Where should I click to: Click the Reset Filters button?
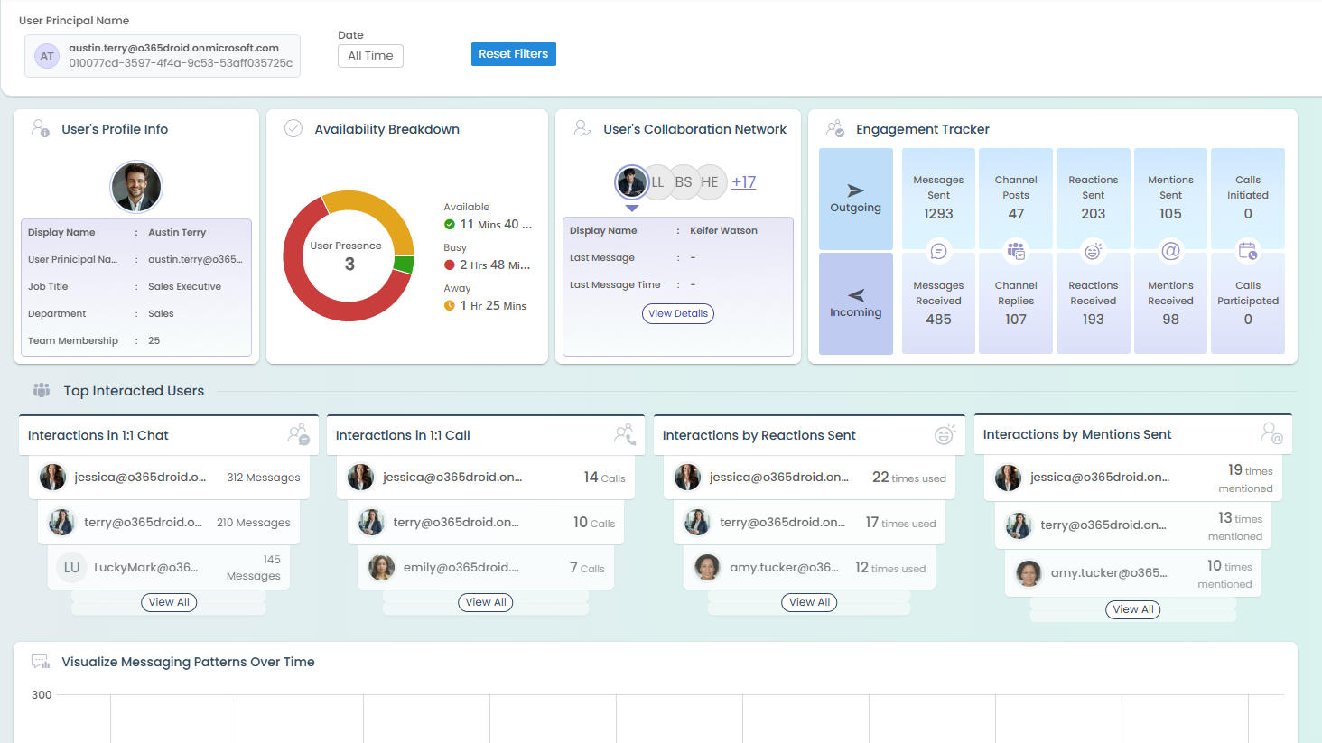tap(513, 54)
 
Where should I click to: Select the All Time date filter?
tap(370, 56)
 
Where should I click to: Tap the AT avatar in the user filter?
tap(47, 56)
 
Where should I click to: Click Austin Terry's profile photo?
tap(136, 187)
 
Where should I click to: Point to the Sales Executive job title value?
tap(184, 287)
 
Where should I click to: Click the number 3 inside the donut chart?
tap(349, 265)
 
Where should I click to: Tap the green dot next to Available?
tap(450, 225)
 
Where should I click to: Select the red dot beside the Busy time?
tap(450, 265)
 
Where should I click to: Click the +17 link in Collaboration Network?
tap(743, 181)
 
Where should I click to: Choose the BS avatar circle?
tap(684, 182)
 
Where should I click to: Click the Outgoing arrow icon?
tap(855, 190)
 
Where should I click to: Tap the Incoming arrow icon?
tap(855, 295)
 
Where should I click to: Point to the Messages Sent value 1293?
tap(938, 214)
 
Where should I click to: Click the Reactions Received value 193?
tap(1093, 320)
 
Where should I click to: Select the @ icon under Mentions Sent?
tap(1170, 251)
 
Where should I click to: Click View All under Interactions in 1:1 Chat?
tap(169, 602)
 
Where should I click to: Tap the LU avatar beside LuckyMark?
tap(71, 568)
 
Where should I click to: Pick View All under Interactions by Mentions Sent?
tap(1133, 609)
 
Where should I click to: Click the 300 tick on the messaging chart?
tap(42, 695)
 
